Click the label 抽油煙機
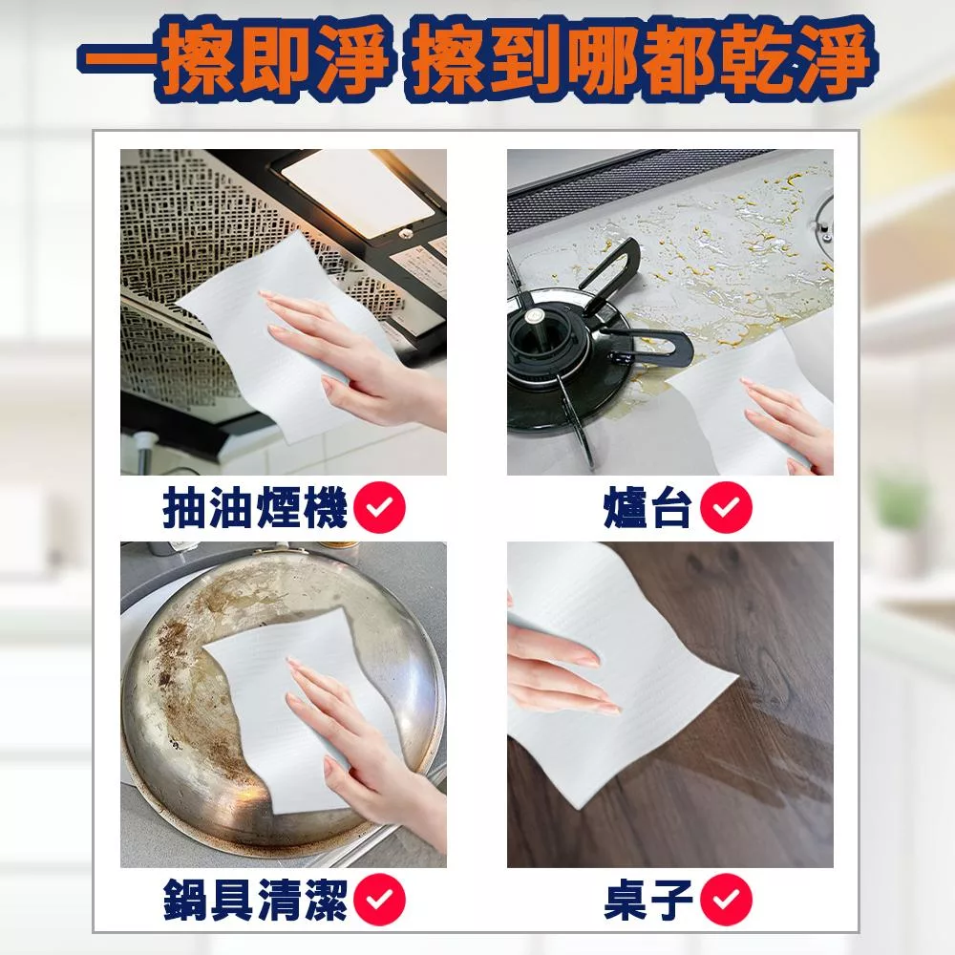pos(255,507)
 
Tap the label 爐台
pos(647,507)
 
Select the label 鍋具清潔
pos(255,900)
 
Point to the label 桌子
pos(648,900)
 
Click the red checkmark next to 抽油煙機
pos(379,507)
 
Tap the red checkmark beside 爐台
pos(726,507)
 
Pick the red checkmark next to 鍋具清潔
pos(379,900)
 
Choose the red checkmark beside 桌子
pos(726,900)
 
